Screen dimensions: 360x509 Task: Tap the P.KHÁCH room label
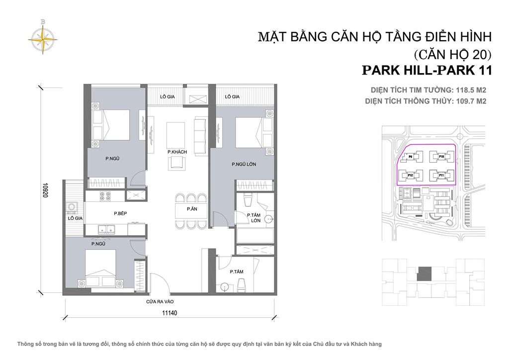(x=176, y=152)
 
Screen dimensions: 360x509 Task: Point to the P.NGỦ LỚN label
(x=244, y=164)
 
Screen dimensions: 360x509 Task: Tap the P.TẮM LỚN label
(x=255, y=217)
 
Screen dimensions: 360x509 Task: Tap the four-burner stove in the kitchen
(x=105, y=196)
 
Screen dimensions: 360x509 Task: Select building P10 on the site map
(x=440, y=157)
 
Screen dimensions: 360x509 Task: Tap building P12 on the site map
(x=411, y=176)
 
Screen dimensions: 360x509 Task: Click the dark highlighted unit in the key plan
(x=425, y=273)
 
